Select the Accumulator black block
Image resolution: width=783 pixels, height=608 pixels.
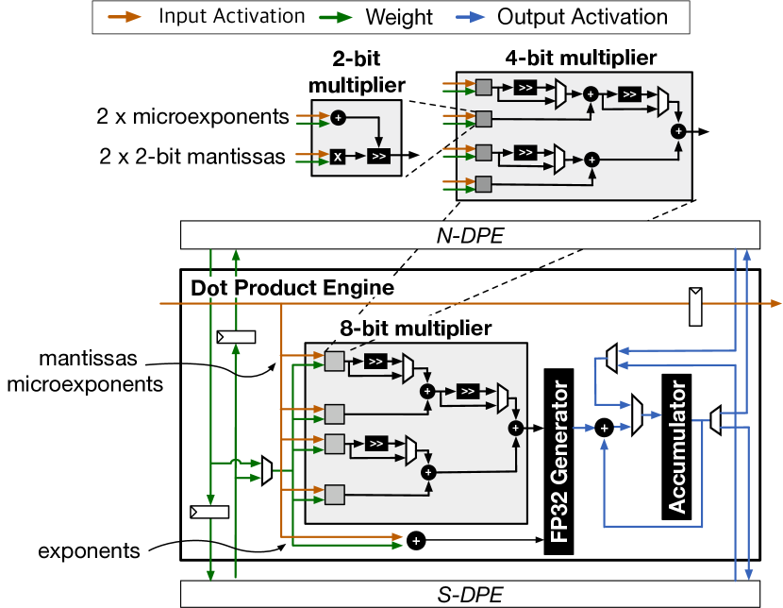[x=677, y=444]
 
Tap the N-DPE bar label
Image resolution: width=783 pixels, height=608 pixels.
[x=469, y=235]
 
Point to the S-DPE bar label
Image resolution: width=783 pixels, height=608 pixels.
[x=469, y=594]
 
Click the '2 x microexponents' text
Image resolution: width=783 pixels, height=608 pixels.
[x=192, y=118]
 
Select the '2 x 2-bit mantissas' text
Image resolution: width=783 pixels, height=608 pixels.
[x=192, y=157]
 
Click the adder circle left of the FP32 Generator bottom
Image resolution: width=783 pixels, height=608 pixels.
[x=416, y=541]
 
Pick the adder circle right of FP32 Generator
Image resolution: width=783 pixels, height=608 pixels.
[x=605, y=427]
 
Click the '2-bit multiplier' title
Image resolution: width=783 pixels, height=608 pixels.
[x=358, y=76]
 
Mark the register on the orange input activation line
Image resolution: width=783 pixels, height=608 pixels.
[x=697, y=304]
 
